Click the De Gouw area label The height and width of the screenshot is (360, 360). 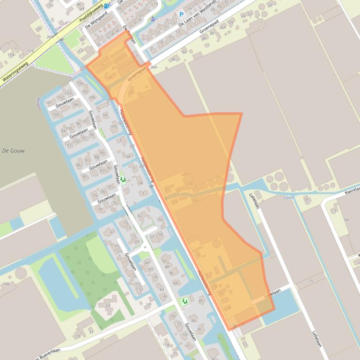14,151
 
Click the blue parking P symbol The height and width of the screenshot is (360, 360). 181,15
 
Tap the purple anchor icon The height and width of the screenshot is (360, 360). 153,19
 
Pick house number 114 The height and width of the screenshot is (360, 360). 11,55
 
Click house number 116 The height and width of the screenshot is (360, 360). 31,50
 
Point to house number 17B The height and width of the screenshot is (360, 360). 6,284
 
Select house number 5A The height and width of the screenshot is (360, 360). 346,219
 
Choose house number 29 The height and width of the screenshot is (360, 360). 78,336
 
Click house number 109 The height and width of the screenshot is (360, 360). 113,126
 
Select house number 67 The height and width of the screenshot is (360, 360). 111,232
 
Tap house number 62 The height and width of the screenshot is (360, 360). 140,216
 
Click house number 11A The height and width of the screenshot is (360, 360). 166,345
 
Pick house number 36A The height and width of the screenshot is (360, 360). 154,67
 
